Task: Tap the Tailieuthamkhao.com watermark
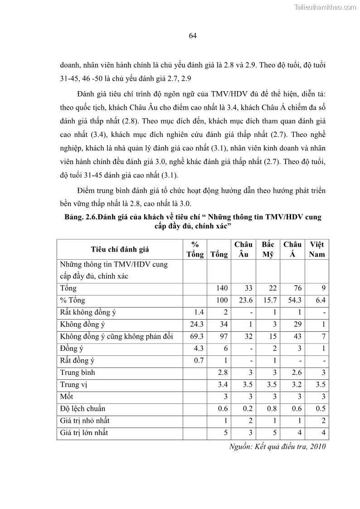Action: click(325, 7)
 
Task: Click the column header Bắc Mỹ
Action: click(268, 249)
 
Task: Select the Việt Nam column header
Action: click(316, 249)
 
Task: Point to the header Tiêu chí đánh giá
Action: click(120, 249)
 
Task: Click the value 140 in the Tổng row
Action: click(221, 288)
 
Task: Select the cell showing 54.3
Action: click(292, 300)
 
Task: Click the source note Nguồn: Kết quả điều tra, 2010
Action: click(278, 446)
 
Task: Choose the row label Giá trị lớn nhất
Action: click(84, 432)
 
